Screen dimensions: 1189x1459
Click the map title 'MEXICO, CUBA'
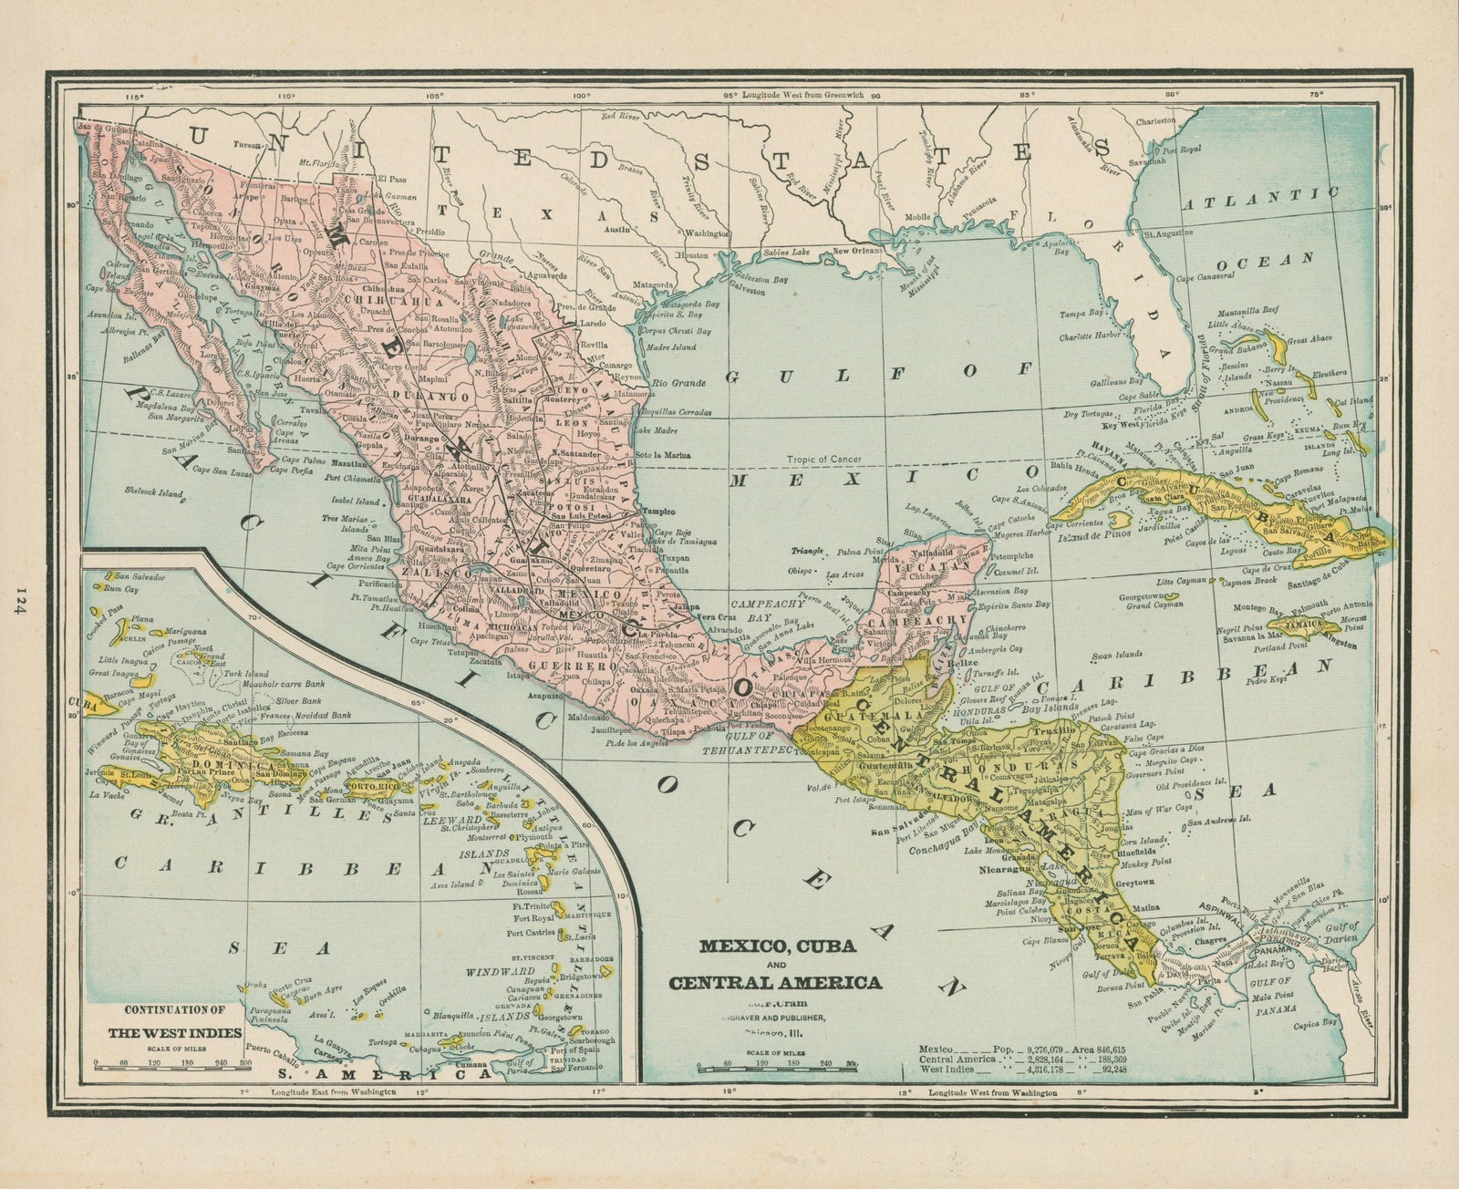(x=777, y=946)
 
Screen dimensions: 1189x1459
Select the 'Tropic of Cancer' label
(x=826, y=459)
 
